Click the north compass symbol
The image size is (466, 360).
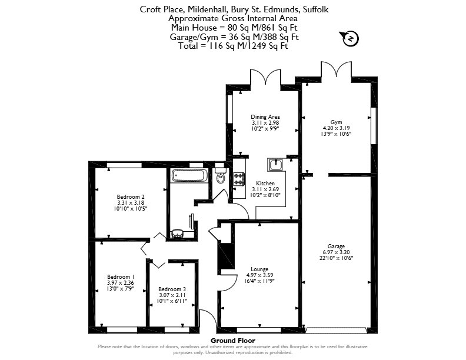point(351,39)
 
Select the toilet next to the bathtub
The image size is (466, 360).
point(221,176)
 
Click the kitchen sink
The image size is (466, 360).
point(277,165)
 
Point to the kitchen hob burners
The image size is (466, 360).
point(239,179)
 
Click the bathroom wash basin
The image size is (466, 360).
point(178,233)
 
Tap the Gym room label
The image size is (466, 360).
point(336,122)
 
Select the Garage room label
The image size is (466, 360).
point(336,246)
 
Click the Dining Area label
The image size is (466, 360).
point(265,116)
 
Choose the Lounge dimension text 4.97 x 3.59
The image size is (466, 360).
point(259,275)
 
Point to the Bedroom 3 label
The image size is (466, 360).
point(172,289)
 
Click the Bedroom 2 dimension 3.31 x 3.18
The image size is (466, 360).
point(131,202)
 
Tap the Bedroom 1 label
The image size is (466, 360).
point(121,277)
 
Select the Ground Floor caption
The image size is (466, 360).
point(233,341)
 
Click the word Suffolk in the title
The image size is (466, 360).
point(315,9)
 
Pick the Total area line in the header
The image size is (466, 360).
point(233,46)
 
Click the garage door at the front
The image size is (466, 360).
point(336,331)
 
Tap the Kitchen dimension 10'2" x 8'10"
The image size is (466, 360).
point(265,195)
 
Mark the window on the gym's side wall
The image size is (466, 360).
point(374,125)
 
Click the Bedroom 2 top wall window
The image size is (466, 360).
point(124,165)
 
